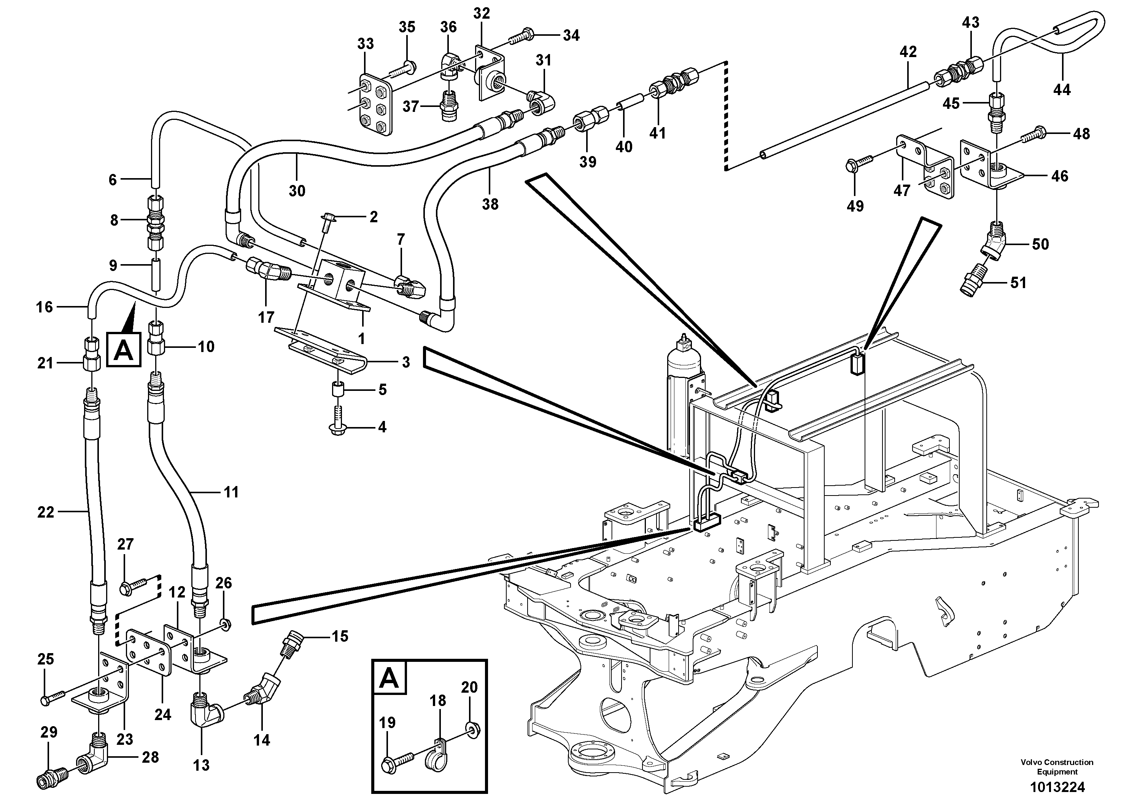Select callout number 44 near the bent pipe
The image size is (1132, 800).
1062,90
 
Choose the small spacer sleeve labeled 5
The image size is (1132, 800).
338,390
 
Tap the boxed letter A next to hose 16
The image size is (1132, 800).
123,350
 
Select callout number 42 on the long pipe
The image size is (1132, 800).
908,52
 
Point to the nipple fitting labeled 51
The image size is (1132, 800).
974,283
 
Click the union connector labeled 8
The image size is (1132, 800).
156,220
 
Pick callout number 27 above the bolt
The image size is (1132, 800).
125,544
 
